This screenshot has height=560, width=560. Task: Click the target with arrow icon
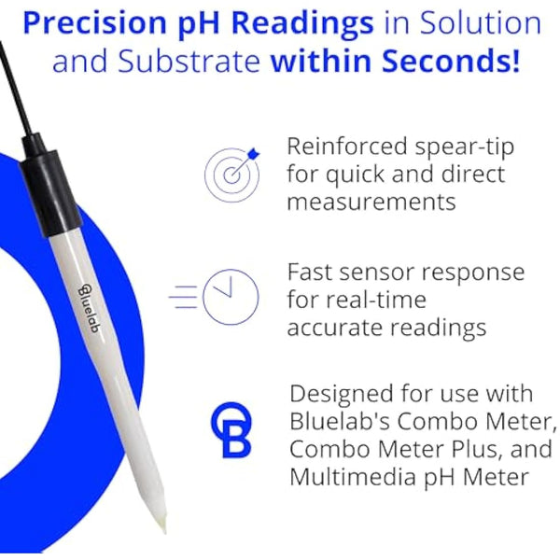[x=231, y=174]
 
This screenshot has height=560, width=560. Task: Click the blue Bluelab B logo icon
[x=230, y=431]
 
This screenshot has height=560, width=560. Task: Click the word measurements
[x=371, y=202]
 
